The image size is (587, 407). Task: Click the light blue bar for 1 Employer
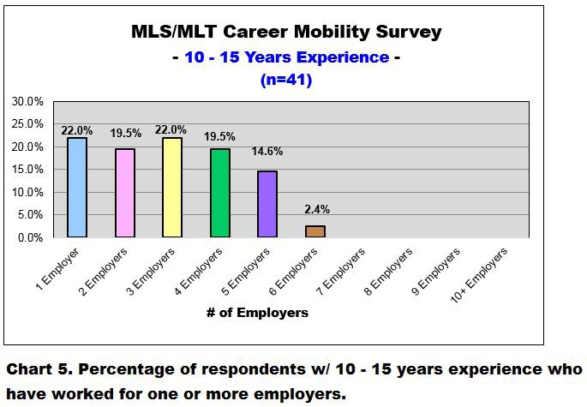click(76, 188)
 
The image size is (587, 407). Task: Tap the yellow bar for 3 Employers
click(172, 188)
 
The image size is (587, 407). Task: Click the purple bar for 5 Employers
click(268, 205)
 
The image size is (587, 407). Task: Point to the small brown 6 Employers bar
click(316, 231)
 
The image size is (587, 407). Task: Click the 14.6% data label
click(267, 152)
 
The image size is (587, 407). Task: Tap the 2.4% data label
click(316, 208)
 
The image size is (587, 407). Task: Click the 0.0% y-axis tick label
click(30, 237)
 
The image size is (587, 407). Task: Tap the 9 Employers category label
click(438, 272)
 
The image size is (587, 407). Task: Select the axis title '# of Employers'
click(257, 313)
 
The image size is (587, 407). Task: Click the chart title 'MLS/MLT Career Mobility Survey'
click(286, 33)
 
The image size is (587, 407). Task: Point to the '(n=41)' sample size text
click(286, 81)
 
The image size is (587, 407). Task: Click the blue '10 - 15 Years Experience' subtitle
click(286, 57)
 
